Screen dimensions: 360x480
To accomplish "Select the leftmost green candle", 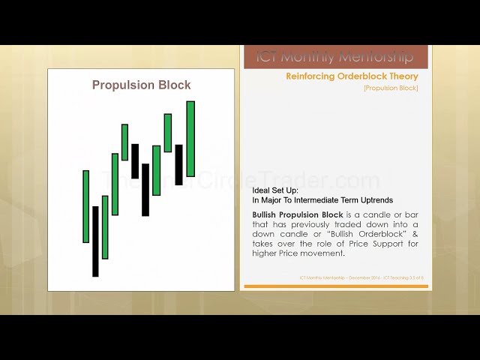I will click(x=86, y=206).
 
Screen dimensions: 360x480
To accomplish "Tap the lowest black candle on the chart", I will click(x=95, y=241).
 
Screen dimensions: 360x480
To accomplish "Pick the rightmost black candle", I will click(x=178, y=165).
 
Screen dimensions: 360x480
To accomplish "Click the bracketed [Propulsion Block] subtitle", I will click(x=391, y=88).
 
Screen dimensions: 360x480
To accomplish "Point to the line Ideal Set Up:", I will click(x=276, y=190).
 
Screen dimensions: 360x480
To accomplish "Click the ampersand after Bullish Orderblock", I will click(x=415, y=234).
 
